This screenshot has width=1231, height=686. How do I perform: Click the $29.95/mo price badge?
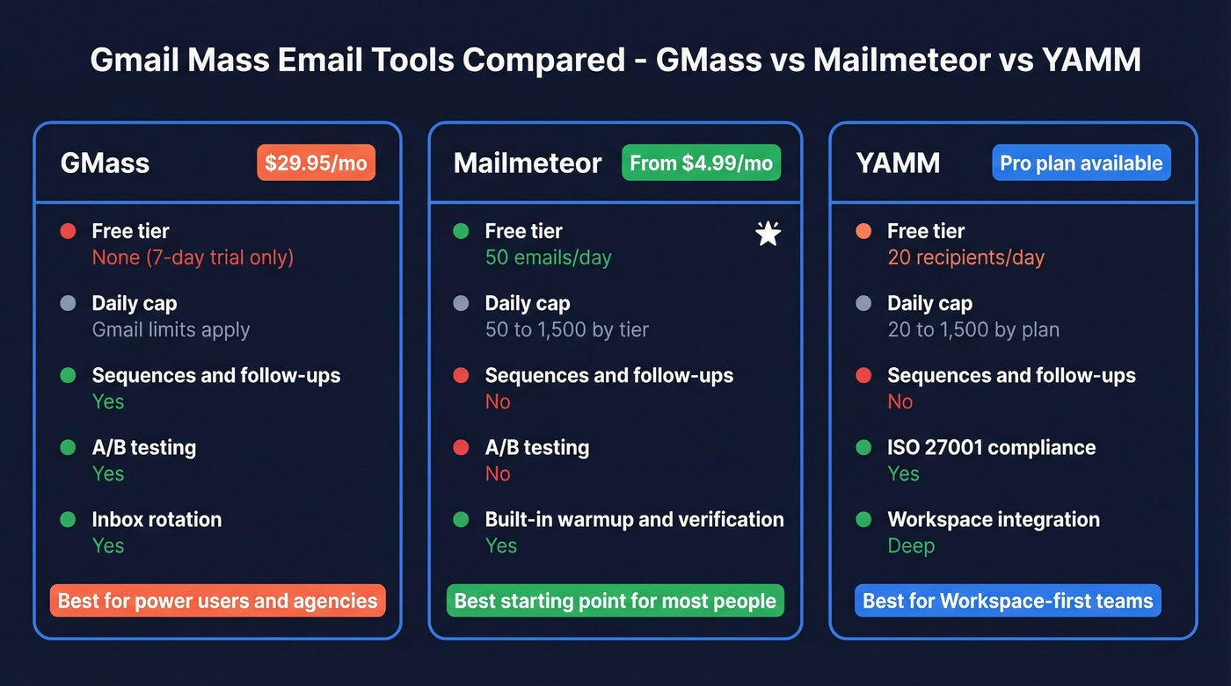316,163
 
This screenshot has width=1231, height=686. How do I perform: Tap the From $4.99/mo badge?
701,163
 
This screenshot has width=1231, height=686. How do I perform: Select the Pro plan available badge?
1081,163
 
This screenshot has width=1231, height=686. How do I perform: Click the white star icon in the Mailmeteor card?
768,233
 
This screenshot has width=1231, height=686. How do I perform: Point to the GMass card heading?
105,163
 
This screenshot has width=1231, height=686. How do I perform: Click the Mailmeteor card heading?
528,163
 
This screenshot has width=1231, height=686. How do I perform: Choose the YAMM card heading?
898,163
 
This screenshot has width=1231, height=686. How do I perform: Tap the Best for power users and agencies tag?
217,601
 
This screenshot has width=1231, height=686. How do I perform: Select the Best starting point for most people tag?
615,601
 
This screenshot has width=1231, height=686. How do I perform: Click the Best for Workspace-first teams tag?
1008,601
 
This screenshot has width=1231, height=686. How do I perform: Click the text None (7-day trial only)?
193,257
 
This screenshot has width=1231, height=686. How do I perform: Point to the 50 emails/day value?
548,257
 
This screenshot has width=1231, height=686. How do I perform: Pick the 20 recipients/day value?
965,257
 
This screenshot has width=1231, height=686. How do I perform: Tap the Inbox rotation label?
157,519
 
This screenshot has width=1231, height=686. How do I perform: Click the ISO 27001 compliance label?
991,447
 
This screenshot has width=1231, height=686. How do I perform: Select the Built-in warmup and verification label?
634,519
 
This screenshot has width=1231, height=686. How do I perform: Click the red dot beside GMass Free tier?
68,231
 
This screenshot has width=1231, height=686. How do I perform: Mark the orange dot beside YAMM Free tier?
863,231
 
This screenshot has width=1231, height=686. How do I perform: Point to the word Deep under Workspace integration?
910,545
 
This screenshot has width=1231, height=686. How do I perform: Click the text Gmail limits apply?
171,329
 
